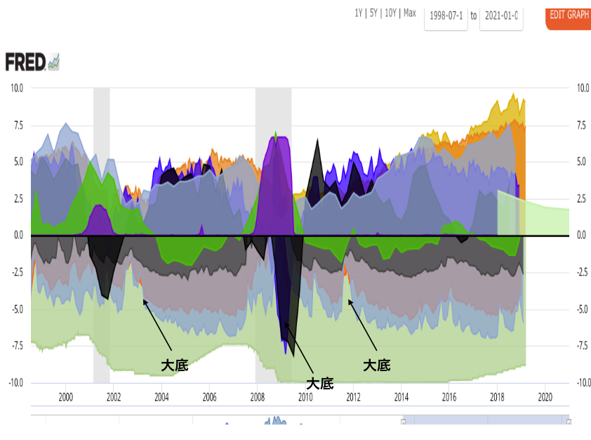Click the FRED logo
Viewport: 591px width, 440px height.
coord(26,62)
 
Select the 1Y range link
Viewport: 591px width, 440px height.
coord(359,14)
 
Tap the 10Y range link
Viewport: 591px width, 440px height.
coord(390,14)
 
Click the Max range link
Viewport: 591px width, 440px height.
coord(409,14)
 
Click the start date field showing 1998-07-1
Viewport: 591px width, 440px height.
coord(446,15)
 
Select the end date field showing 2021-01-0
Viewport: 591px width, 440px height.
coord(501,15)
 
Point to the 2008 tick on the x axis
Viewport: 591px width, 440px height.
coord(257,397)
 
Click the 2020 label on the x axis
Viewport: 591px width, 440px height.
coord(545,397)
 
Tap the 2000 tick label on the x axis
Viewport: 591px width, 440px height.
coord(65,397)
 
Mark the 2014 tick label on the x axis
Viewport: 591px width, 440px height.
coord(401,397)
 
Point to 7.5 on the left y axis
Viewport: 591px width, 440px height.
coord(16,125)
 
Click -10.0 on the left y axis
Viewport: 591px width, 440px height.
coord(15,382)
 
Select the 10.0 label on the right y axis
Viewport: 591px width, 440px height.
coord(583,88)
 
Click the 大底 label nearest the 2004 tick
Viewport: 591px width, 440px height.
coord(175,365)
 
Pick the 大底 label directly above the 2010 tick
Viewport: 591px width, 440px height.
coord(320,383)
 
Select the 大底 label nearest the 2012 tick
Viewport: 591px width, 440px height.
coord(376,365)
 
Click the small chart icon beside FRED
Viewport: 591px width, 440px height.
coord(54,63)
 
